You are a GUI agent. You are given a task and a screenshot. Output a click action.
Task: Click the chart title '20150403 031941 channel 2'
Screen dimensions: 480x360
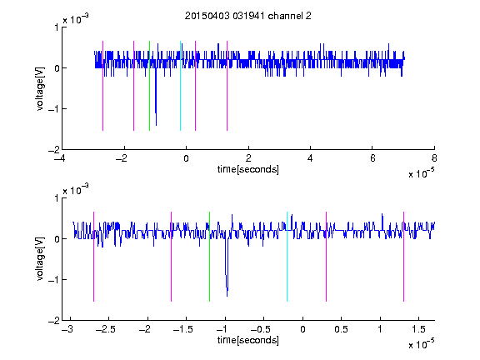point(248,16)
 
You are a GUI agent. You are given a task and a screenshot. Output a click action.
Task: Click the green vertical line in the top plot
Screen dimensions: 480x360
point(149,86)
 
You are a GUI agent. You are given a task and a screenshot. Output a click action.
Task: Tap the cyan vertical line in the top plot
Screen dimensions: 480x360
point(180,86)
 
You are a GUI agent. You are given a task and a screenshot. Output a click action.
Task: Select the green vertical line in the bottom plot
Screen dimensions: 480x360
point(209,257)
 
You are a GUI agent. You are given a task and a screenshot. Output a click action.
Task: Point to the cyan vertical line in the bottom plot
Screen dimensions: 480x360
point(287,257)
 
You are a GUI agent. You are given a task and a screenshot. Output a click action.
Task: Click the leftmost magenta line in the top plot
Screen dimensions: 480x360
point(102,86)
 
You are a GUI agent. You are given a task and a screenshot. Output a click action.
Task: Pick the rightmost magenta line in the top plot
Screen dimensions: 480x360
point(227,86)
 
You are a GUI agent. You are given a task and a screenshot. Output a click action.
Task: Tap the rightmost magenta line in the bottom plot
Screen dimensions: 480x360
point(403,257)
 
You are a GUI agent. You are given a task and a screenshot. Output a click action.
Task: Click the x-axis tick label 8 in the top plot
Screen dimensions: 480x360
point(434,158)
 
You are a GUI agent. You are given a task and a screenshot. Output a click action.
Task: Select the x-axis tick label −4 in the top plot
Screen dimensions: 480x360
point(59,158)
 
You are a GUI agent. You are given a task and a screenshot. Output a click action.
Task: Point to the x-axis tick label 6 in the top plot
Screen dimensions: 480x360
point(372,158)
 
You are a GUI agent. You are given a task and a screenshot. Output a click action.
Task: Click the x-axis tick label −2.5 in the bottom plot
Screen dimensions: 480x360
point(106,329)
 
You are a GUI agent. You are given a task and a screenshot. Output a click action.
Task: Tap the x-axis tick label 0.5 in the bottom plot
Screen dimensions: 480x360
point(341,329)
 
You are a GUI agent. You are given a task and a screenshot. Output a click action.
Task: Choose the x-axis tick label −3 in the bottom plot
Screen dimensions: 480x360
point(67,329)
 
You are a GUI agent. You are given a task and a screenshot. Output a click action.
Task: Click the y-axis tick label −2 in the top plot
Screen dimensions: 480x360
point(54,150)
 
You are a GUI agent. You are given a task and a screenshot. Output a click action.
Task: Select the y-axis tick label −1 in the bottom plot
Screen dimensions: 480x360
point(54,279)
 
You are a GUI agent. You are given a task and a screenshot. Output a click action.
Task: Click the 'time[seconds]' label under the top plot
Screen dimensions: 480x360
point(248,169)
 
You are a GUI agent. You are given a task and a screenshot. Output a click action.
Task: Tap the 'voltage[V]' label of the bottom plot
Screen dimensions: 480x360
point(40,258)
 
